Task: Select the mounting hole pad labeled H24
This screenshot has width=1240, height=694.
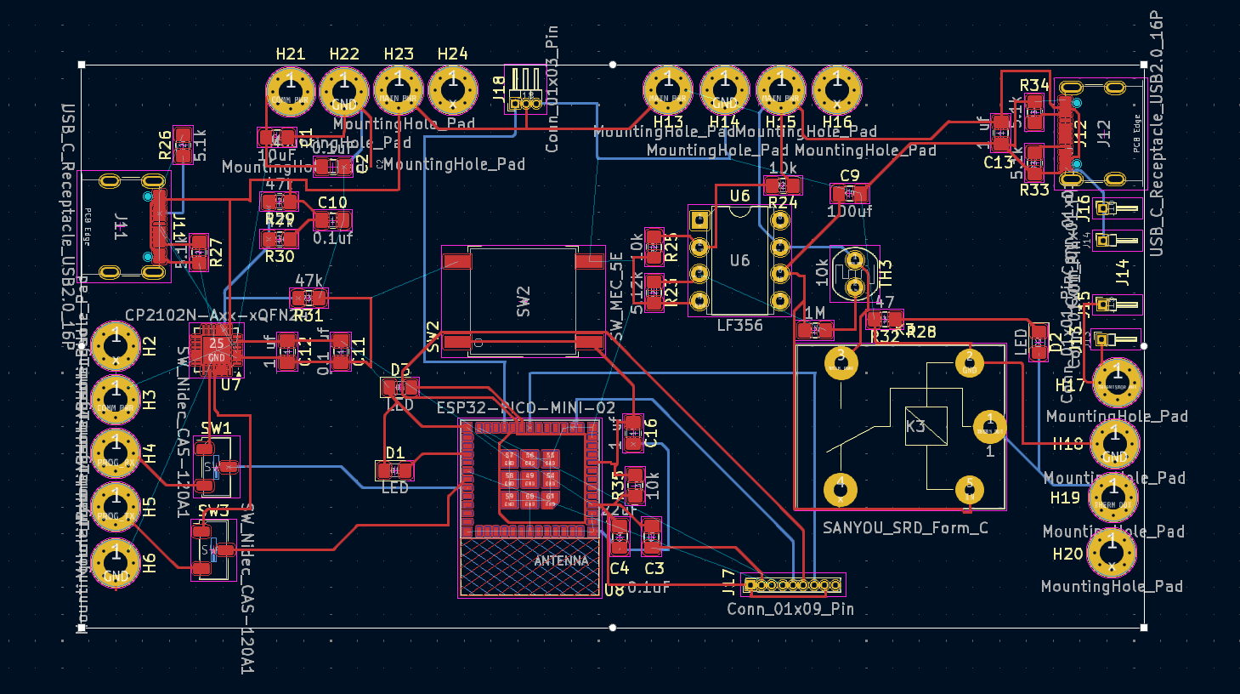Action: pyautogui.click(x=453, y=89)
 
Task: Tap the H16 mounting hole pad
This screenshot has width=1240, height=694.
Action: pyautogui.click(x=837, y=89)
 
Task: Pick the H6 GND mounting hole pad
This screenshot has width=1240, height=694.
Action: pyautogui.click(x=116, y=562)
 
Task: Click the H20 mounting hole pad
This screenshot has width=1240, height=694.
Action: pyautogui.click(x=1112, y=552)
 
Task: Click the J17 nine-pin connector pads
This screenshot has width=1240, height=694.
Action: pyautogui.click(x=792, y=585)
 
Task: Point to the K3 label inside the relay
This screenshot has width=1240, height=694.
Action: pyautogui.click(x=915, y=426)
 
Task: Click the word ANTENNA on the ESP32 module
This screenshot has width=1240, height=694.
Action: pyautogui.click(x=561, y=560)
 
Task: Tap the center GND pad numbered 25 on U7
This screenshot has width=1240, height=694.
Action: pyautogui.click(x=217, y=350)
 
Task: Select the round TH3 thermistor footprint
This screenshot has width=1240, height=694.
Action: pyautogui.click(x=854, y=273)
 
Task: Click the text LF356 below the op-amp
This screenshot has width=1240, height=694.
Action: pyautogui.click(x=739, y=325)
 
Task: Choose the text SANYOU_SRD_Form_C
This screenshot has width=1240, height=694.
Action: pyautogui.click(x=905, y=528)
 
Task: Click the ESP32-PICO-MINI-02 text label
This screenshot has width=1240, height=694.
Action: pyautogui.click(x=525, y=408)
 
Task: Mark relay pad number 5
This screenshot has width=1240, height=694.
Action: pyautogui.click(x=970, y=489)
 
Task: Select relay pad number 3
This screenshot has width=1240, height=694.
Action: pyautogui.click(x=841, y=362)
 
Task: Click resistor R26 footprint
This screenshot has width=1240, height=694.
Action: pyautogui.click(x=183, y=145)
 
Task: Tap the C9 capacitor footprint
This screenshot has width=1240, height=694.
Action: pyautogui.click(x=849, y=195)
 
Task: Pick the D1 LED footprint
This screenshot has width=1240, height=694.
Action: pyautogui.click(x=395, y=470)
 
